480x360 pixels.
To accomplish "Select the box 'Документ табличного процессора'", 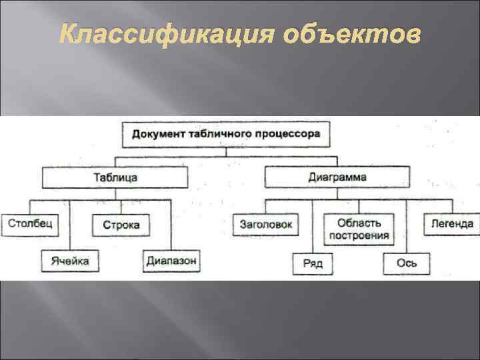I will [x=226, y=135].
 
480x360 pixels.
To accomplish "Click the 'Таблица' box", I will [x=115, y=178].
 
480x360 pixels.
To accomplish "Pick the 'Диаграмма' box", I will [x=337, y=178].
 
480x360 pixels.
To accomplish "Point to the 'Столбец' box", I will [x=29, y=224].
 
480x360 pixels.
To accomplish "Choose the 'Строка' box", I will [x=121, y=225].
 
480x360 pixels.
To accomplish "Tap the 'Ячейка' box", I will [x=69, y=261].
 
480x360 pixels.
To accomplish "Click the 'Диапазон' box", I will [x=171, y=261].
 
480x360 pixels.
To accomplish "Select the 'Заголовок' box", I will [x=266, y=225].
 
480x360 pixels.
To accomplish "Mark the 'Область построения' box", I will [x=359, y=229].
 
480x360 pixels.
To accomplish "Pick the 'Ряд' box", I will [x=312, y=263].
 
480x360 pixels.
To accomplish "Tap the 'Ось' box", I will [x=406, y=263].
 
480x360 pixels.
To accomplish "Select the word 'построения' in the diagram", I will [x=359, y=236].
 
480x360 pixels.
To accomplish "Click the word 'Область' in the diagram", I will [x=359, y=222].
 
